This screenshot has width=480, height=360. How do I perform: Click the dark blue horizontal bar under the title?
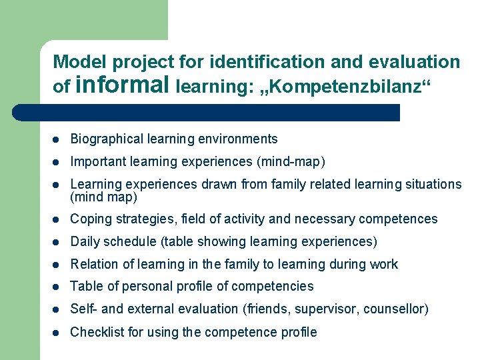click(x=220, y=112)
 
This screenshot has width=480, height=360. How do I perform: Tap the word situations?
click(x=433, y=184)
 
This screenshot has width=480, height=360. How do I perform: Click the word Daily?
click(x=85, y=241)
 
